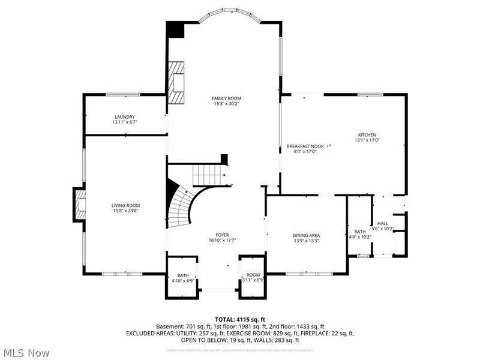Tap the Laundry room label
coord(125,116)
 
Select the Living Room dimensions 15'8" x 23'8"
coord(125,211)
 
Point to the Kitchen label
coord(367,134)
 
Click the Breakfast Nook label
coord(305,146)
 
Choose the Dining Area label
coord(305,235)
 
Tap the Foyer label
coord(222,235)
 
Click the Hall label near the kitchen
coord(382,223)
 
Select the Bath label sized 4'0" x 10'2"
coord(360,232)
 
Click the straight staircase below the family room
coord(209,175)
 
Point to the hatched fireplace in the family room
coord(176,82)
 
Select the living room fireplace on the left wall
coord(80,205)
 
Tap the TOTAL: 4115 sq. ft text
coord(240,319)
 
